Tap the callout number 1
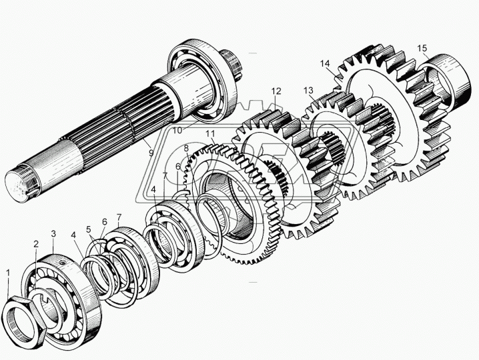tap(8, 273)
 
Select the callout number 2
tap(36, 244)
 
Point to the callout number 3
tap(53, 234)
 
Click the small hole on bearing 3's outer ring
tap(63, 262)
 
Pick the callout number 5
tap(89, 229)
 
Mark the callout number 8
tap(186, 149)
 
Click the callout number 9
tap(151, 152)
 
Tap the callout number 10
tap(177, 130)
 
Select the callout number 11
tap(210, 133)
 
